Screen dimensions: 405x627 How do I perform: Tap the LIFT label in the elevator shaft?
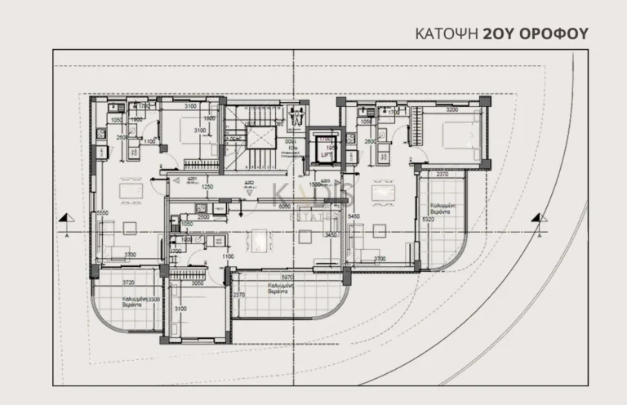[x=325, y=154]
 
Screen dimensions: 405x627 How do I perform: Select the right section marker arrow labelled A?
[x=536, y=218]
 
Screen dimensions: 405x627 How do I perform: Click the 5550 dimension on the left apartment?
[x=102, y=214]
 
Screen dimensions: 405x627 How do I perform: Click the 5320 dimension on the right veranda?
[x=429, y=219]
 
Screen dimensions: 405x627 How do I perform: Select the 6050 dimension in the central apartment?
[x=284, y=207]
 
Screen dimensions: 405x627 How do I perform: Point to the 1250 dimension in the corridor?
[x=208, y=187]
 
